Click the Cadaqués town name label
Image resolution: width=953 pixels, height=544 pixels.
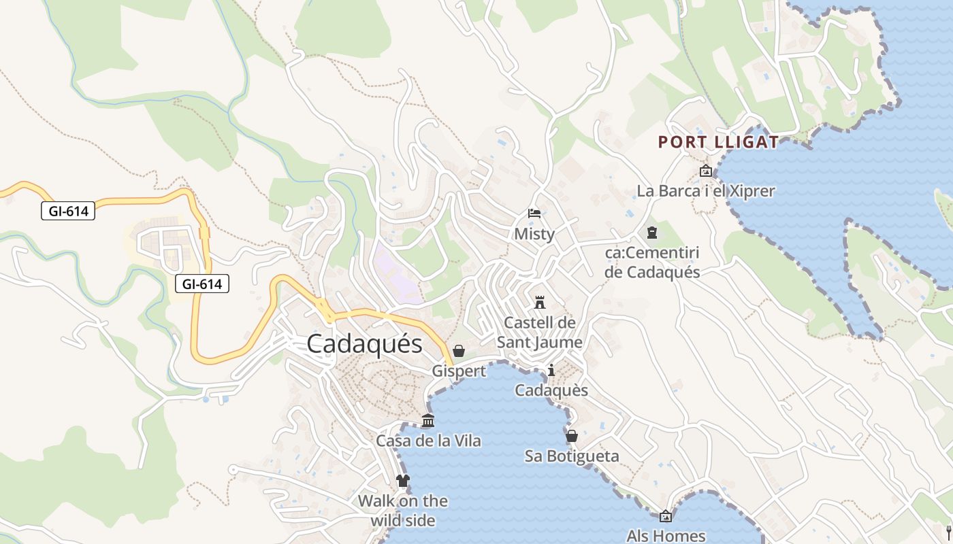coord(364,343)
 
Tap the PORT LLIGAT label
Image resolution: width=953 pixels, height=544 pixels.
coord(718,142)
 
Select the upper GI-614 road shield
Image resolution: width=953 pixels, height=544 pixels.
coord(68,211)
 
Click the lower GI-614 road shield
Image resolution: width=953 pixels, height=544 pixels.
coord(202,284)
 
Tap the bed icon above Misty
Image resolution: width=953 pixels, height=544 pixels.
coord(534,214)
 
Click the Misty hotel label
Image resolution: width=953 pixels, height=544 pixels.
coord(534,234)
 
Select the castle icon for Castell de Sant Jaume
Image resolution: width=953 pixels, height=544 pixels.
coord(540,301)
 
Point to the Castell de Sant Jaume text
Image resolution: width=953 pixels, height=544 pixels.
coord(540,332)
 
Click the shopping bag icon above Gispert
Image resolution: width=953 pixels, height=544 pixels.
coord(459,351)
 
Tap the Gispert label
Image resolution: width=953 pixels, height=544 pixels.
coord(459,371)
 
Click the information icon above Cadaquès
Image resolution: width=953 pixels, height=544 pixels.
coord(551,371)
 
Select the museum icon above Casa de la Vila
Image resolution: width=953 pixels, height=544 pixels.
coord(428,421)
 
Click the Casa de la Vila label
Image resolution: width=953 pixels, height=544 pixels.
coord(428,441)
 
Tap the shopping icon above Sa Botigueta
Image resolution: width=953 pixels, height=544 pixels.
coord(572,436)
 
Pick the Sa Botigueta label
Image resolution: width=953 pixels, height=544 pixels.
coord(572,456)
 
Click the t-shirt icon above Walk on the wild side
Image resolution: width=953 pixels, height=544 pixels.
coord(403,481)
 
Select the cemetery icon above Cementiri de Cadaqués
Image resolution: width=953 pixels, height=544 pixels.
coord(652,233)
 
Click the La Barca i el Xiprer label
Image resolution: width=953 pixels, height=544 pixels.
coord(706,191)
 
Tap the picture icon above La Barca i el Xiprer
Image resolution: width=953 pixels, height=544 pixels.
coord(706,171)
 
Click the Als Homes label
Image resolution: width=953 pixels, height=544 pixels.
coord(666,536)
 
